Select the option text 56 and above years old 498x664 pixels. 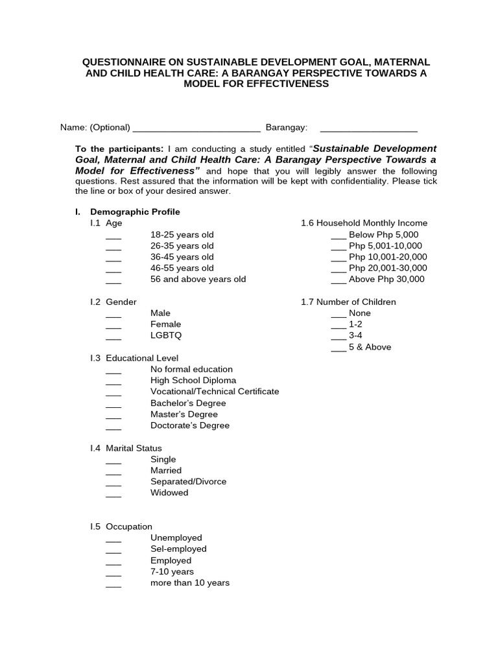tap(198, 279)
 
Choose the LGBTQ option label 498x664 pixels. tap(166, 335)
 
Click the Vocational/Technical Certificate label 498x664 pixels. tap(215, 392)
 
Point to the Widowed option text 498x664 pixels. tap(169, 493)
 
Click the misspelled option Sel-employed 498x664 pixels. tap(178, 549)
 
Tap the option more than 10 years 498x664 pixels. tap(190, 583)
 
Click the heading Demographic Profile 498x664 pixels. tap(135, 212)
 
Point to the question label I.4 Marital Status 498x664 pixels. tap(126, 448)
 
